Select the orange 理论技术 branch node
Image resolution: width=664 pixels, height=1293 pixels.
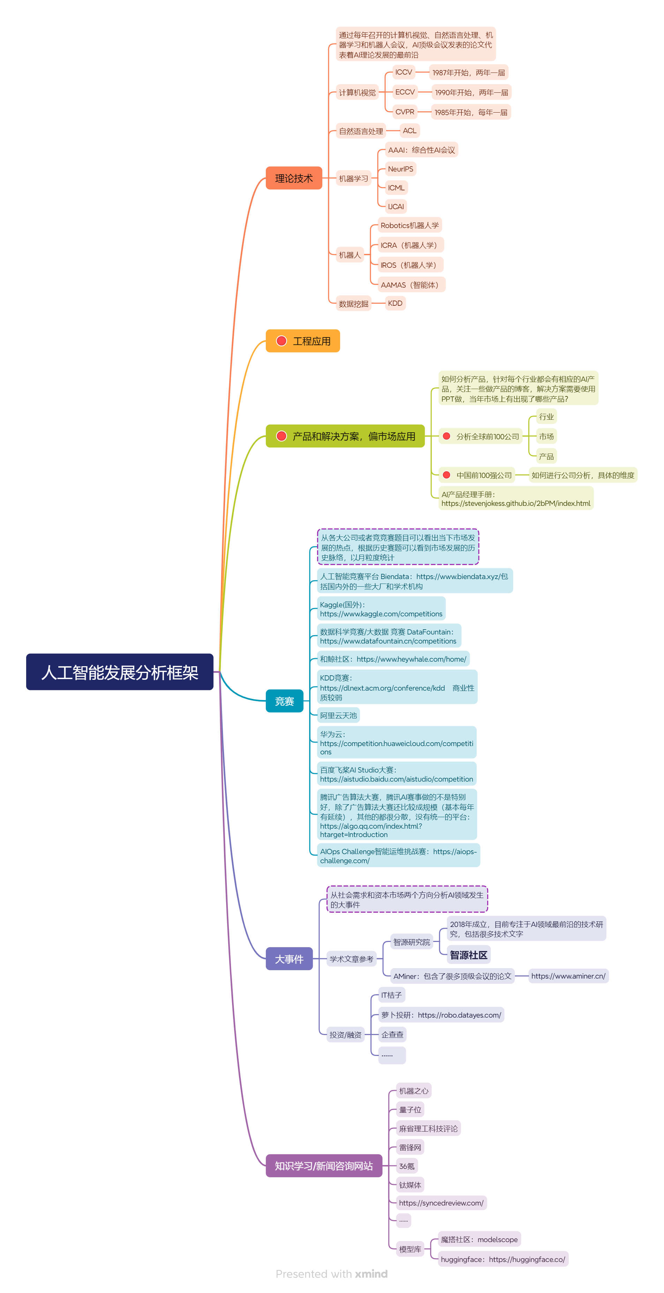pyautogui.click(x=294, y=178)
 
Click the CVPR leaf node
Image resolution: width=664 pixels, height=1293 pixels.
pyautogui.click(x=404, y=112)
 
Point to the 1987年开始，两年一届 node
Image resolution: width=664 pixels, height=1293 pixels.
pyautogui.click(x=468, y=72)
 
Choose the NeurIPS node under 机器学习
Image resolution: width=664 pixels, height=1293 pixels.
pyautogui.click(x=400, y=169)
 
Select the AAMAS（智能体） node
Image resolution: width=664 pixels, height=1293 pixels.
pyautogui.click(x=411, y=284)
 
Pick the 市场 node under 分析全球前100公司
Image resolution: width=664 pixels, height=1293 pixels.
pyautogui.click(x=546, y=436)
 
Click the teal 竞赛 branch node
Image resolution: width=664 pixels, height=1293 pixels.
pyautogui.click(x=284, y=701)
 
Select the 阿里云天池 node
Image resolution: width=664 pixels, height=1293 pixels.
pyautogui.click(x=338, y=715)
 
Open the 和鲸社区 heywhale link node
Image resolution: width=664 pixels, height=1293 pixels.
pyautogui.click(x=393, y=659)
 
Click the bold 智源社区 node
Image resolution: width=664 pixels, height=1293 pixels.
pyautogui.click(x=468, y=955)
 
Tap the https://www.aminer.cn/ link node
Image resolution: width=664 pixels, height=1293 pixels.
pyautogui.click(x=568, y=976)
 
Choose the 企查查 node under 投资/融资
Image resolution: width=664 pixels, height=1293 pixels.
pyautogui.click(x=392, y=1034)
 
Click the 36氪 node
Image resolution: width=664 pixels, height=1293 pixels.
pyautogui.click(x=406, y=1166)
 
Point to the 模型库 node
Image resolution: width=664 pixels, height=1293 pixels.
pyautogui.click(x=410, y=1249)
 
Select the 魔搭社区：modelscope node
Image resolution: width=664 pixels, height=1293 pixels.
pyautogui.click(x=479, y=1239)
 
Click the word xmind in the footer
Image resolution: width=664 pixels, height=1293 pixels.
pyautogui.click(x=371, y=1273)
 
